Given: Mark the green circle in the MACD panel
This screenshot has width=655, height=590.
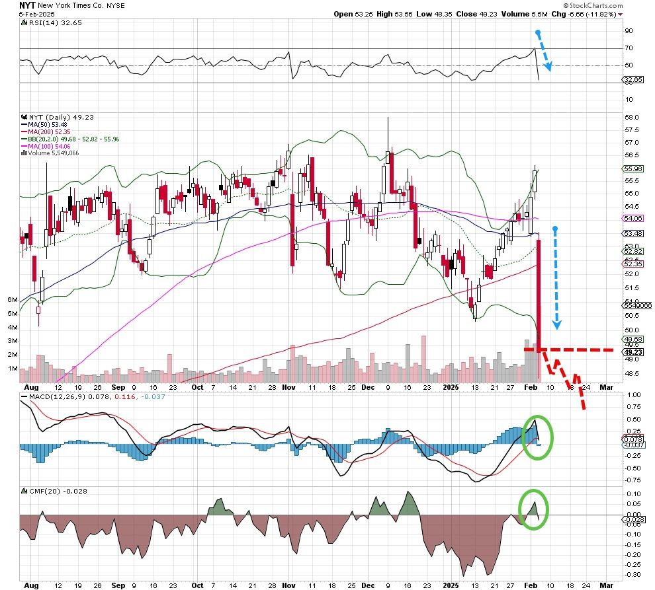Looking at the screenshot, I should (x=537, y=437).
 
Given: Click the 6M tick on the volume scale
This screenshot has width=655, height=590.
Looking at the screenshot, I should (x=12, y=300).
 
